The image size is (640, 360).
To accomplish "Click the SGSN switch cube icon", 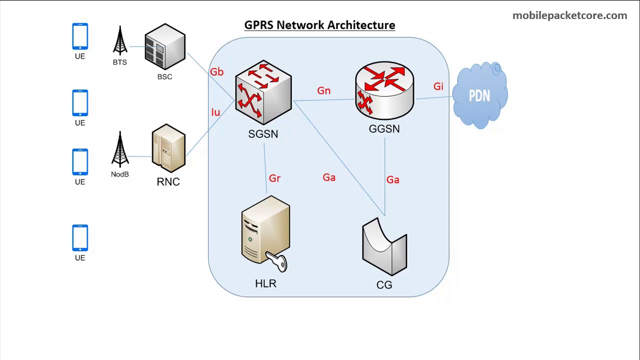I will (x=263, y=92).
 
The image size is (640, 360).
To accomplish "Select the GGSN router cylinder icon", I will (x=384, y=90).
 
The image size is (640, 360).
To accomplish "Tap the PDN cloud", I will (x=479, y=95).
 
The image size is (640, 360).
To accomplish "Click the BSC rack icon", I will (x=165, y=46).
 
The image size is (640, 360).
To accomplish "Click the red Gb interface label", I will (x=216, y=72).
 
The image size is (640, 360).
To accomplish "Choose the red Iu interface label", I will (x=215, y=112).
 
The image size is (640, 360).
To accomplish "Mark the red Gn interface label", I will (x=323, y=91).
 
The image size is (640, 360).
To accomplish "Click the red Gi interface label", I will (x=438, y=87).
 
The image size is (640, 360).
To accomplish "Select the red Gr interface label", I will (x=274, y=178).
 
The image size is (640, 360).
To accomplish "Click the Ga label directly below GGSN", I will (x=392, y=180).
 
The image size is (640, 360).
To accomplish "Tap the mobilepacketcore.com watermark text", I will (x=569, y=15).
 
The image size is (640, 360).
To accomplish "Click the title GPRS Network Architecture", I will (x=319, y=25).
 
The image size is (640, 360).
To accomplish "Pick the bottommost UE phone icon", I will (x=80, y=238).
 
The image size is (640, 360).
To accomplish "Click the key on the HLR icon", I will (x=277, y=261).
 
